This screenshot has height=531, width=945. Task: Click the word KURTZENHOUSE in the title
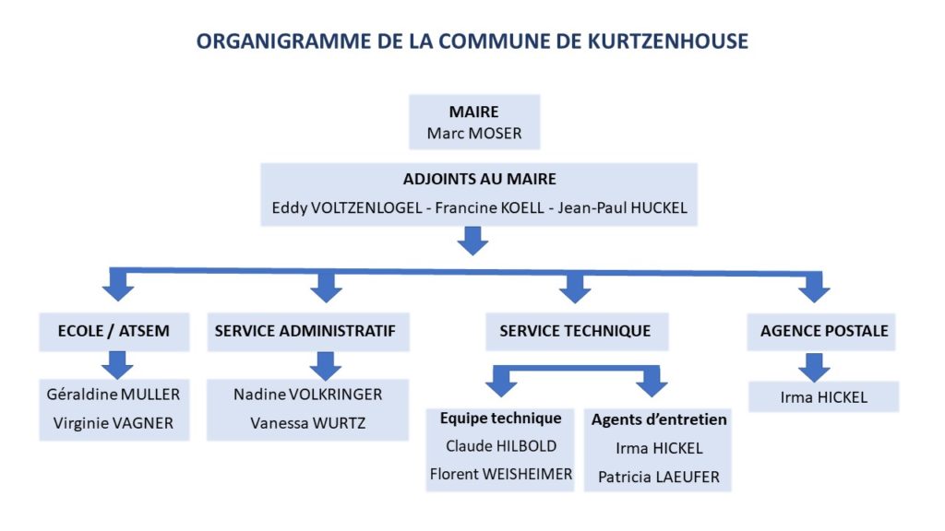point(668,41)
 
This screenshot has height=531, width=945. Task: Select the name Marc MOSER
point(474,133)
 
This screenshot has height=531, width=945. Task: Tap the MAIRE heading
point(473,112)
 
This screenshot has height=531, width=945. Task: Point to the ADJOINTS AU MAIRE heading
point(480,179)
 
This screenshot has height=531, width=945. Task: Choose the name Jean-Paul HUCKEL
point(623,207)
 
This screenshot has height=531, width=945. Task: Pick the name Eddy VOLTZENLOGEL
point(347,207)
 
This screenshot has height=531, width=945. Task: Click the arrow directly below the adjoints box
point(473,241)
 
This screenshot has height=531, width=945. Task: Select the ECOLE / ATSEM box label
point(114,331)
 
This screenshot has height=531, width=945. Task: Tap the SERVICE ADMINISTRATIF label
point(305,331)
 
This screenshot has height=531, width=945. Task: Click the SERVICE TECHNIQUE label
point(575,331)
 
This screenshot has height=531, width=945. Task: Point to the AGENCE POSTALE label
point(824,331)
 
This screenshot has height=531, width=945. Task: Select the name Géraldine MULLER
point(114,395)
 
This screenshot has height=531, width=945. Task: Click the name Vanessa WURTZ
point(308,423)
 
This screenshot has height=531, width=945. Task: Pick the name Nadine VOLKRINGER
point(308,395)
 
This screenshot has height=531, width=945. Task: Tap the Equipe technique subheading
point(500,419)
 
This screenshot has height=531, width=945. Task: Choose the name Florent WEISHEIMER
point(501,475)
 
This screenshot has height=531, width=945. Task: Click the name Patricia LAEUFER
point(659,477)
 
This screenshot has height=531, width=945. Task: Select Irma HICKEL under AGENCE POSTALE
point(824,397)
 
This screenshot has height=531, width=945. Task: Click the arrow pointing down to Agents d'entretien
point(652,382)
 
